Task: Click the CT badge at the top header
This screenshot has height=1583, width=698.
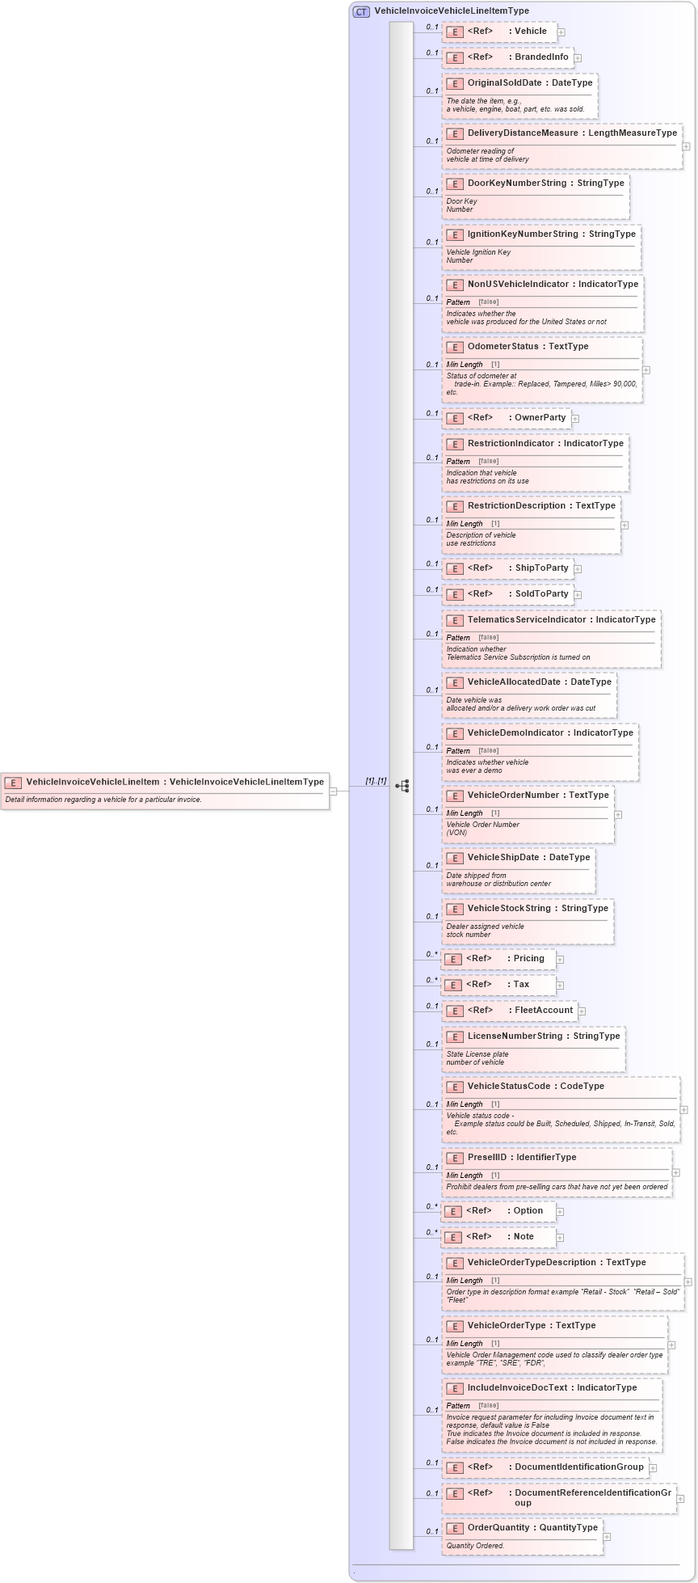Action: [x=361, y=11]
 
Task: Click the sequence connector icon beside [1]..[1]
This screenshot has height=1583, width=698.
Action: [x=402, y=786]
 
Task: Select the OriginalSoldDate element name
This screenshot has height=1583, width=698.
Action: [x=504, y=83]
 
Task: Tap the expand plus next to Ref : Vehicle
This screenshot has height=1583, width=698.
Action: [x=561, y=32]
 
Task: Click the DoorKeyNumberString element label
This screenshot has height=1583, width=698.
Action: [x=517, y=184]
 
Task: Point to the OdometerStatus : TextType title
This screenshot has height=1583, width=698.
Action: [x=528, y=347]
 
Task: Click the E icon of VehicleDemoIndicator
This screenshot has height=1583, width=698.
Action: [x=455, y=734]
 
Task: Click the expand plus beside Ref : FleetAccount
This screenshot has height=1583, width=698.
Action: [x=582, y=1011]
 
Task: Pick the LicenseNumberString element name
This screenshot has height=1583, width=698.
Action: [x=515, y=1036]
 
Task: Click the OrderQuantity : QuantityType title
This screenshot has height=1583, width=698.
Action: [x=532, y=1528]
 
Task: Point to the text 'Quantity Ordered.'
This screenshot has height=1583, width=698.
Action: [x=475, y=1546]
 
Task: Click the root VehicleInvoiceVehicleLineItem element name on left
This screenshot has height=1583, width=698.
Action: [x=93, y=782]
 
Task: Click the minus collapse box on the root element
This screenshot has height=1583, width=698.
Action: [x=333, y=791]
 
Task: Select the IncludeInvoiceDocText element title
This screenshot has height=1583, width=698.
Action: [x=517, y=1388]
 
